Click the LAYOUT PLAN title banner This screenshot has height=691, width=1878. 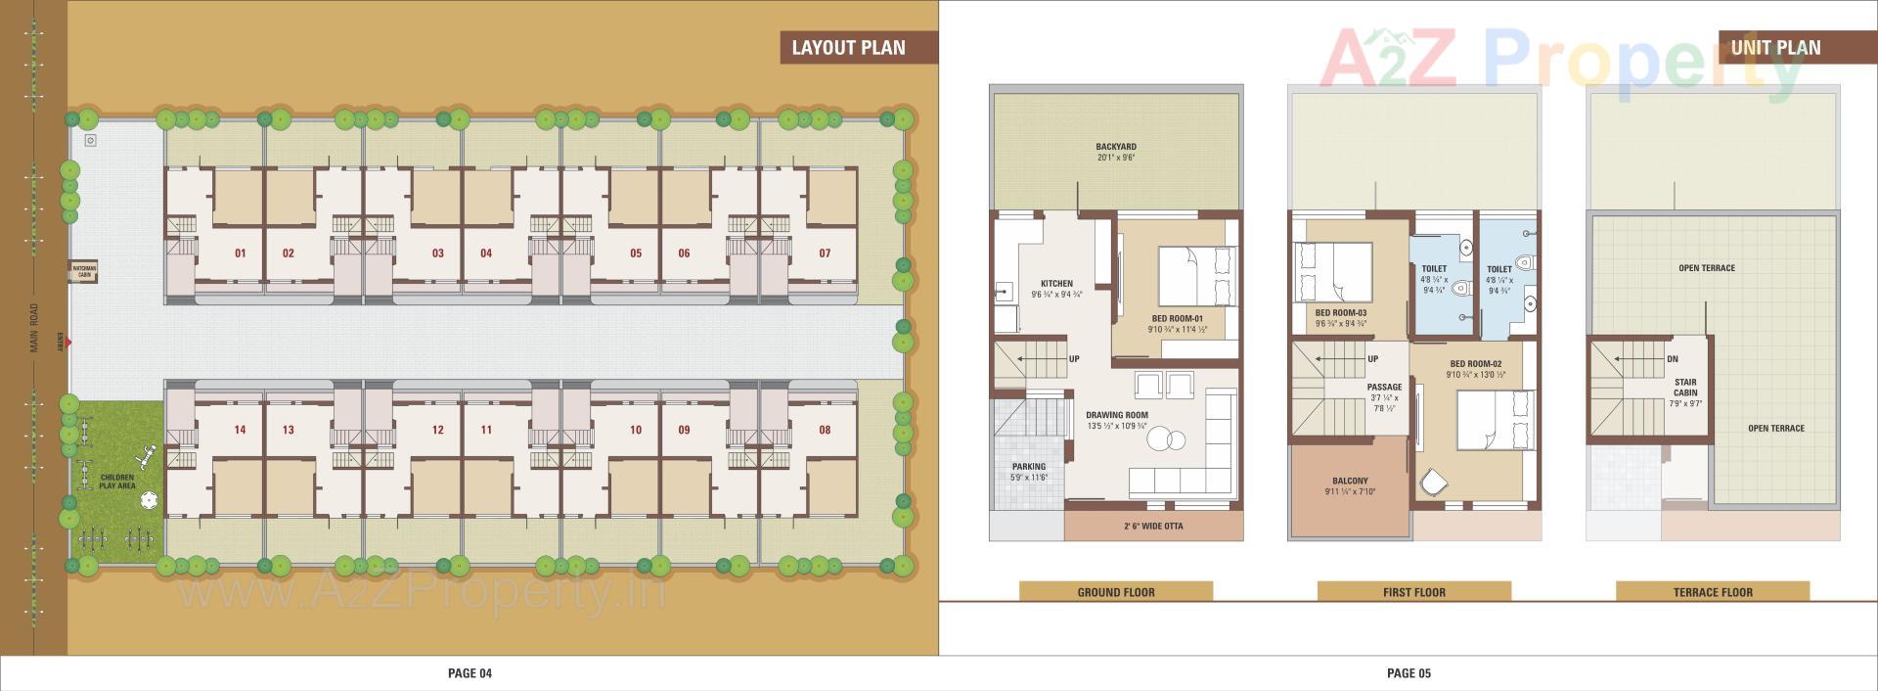(849, 47)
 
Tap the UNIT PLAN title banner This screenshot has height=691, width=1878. (1775, 47)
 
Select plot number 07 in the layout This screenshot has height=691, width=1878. (825, 253)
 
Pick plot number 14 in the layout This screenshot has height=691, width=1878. (240, 430)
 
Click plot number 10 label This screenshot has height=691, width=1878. (636, 430)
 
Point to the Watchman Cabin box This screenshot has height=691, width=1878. (83, 272)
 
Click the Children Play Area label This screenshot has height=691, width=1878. (117, 482)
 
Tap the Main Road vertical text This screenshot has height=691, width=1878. (34, 328)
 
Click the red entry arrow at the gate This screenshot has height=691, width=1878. (69, 342)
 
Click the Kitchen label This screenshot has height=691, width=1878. (1056, 284)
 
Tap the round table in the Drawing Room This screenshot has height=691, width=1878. (1164, 440)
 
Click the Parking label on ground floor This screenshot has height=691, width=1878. (1028, 467)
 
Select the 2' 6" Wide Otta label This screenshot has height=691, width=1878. (1153, 527)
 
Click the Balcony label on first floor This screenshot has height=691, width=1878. (1350, 482)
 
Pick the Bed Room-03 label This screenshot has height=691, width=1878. (1340, 313)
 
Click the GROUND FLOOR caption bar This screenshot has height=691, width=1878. (1116, 592)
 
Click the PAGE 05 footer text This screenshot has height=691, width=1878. (1408, 673)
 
